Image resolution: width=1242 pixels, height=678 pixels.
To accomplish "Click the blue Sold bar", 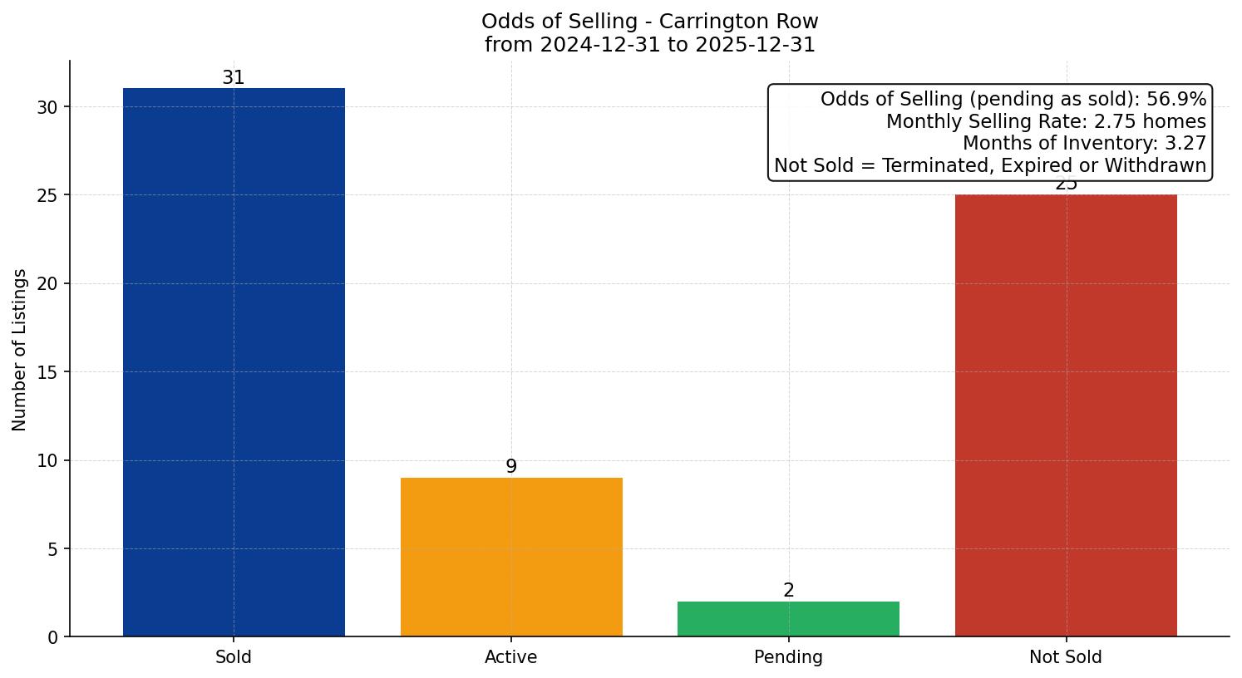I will point(234,362).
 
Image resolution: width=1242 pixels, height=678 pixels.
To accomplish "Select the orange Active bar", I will point(511,557).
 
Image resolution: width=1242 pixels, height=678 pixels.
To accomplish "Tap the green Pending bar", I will point(788,619).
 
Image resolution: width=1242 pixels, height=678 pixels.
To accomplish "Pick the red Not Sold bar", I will point(1066,415).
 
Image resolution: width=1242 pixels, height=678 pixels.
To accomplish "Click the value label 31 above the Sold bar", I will point(234,78).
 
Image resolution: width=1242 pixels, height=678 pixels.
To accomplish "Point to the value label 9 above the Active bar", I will point(511,467).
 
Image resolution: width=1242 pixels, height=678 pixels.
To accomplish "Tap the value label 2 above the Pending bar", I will point(788,591).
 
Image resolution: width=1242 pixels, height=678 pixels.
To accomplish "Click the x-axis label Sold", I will point(234,657).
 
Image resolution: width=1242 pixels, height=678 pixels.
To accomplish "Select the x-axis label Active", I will point(511,657).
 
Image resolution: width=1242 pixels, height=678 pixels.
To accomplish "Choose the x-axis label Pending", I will point(788,657).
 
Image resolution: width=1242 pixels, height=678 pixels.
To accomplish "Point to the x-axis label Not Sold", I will point(1066,657).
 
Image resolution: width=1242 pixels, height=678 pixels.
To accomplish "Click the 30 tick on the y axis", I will point(47,107).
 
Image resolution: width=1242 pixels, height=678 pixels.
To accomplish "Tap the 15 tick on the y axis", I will point(47,372).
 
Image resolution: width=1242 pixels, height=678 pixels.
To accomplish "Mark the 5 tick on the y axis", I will point(53,549).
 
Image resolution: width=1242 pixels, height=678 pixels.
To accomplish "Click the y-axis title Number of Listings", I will point(20,350).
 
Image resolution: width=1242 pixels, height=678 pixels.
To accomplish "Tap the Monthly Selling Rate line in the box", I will point(1045,121).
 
